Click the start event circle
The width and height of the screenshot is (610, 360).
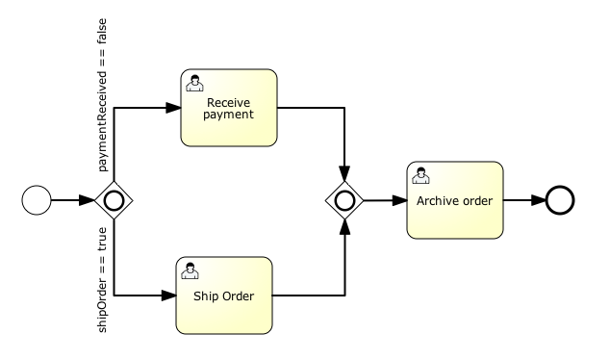36,201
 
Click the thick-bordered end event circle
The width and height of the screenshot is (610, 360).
560,201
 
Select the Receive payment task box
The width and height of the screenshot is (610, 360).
229,107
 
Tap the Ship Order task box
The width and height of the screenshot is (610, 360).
222,295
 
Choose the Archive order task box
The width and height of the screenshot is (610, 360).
454,201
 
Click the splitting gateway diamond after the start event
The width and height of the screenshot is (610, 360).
114,201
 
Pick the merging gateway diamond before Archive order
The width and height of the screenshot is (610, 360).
343,201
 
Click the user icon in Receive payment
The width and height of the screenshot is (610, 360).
194,82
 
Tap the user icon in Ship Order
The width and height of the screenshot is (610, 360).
189,270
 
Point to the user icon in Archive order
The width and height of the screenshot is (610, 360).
420,176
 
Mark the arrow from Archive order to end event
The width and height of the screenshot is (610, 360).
523,201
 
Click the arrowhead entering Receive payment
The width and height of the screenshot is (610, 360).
175,108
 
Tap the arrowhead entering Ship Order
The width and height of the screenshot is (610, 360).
168,295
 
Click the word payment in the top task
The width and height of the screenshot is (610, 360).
228,116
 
